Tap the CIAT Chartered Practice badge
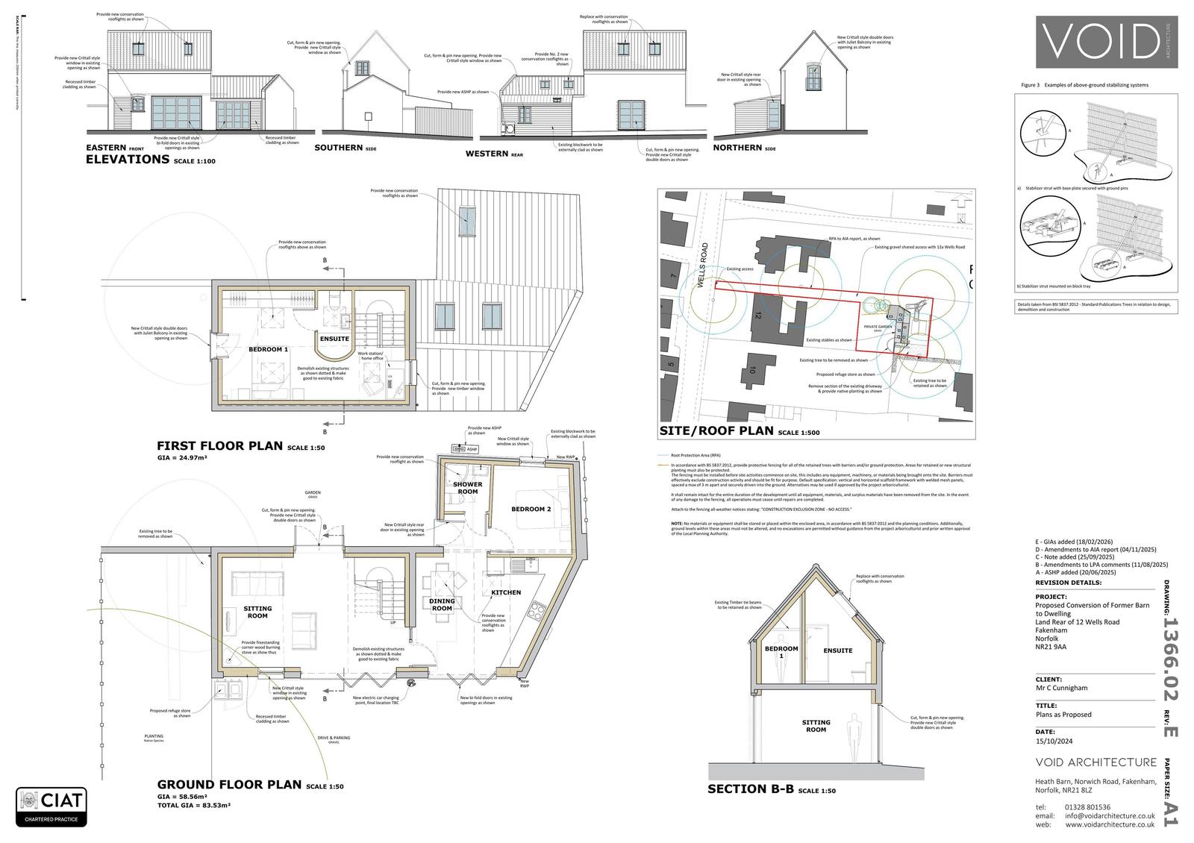(51, 806)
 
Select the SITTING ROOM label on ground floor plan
(257, 612)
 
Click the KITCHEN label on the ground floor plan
(506, 592)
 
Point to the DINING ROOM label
(442, 604)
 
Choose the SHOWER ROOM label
(467, 488)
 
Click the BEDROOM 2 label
(531, 509)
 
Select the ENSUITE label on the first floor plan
(334, 339)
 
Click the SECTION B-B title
(750, 789)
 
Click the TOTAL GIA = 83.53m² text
(193, 805)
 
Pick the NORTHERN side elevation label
(737, 148)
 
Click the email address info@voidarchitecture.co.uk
(1110, 815)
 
